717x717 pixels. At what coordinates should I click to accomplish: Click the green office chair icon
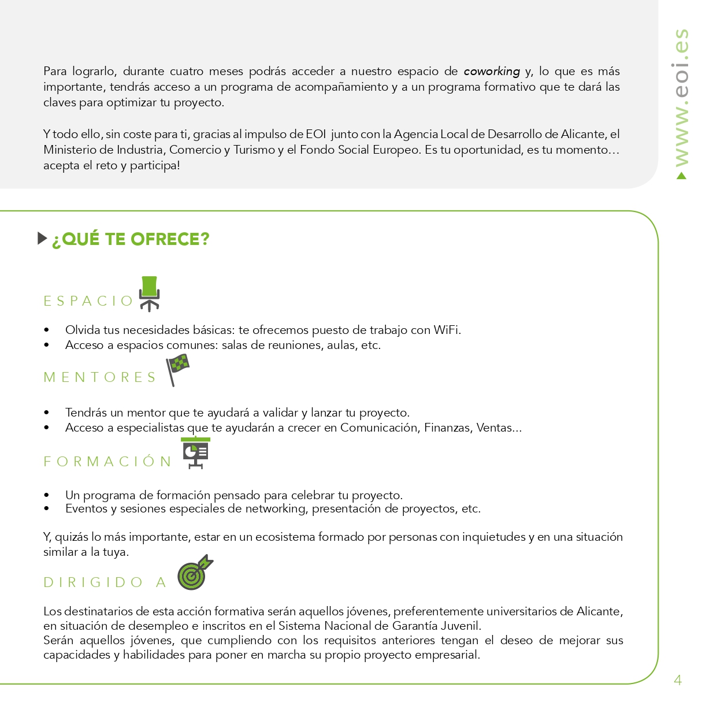point(150,293)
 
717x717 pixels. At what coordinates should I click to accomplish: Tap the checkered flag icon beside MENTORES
point(177,369)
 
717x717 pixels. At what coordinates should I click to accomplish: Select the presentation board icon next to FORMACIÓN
point(196,452)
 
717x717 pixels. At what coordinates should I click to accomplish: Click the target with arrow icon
point(194,573)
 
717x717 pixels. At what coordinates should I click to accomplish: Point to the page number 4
point(678,680)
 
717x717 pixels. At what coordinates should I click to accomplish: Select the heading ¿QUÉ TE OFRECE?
point(131,239)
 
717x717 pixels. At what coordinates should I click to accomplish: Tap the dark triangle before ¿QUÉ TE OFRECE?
point(42,238)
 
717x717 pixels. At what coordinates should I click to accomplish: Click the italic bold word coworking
point(492,71)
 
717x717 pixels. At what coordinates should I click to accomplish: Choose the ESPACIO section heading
point(88,301)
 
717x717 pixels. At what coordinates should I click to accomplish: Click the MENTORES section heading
point(100,377)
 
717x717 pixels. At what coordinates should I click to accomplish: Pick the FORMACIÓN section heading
point(108,461)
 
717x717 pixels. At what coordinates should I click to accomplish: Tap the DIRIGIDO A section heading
point(105,582)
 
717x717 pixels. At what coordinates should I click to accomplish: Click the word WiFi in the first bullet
point(446,330)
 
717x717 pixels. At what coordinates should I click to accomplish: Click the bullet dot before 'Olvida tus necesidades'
point(47,330)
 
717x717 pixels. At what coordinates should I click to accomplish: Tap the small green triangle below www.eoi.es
point(682,176)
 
